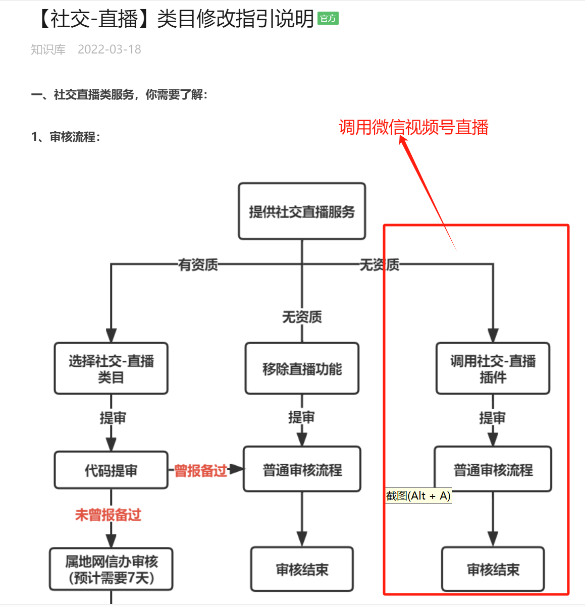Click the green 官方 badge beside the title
(328, 19)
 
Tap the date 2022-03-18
(110, 49)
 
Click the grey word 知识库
(48, 49)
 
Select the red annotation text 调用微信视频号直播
(413, 127)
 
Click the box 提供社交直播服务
(302, 211)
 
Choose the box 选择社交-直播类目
(111, 369)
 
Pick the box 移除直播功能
(302, 369)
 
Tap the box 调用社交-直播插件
(493, 369)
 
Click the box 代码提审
(111, 471)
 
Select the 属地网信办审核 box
(111, 570)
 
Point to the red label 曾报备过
(200, 471)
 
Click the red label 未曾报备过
(108, 515)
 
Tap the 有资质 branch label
(198, 264)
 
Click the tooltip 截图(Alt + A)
(418, 496)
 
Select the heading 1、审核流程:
(66, 137)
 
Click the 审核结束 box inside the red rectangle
(493, 570)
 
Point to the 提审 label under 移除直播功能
(301, 417)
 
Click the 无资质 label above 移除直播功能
(302, 317)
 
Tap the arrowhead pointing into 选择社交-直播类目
(111, 336)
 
